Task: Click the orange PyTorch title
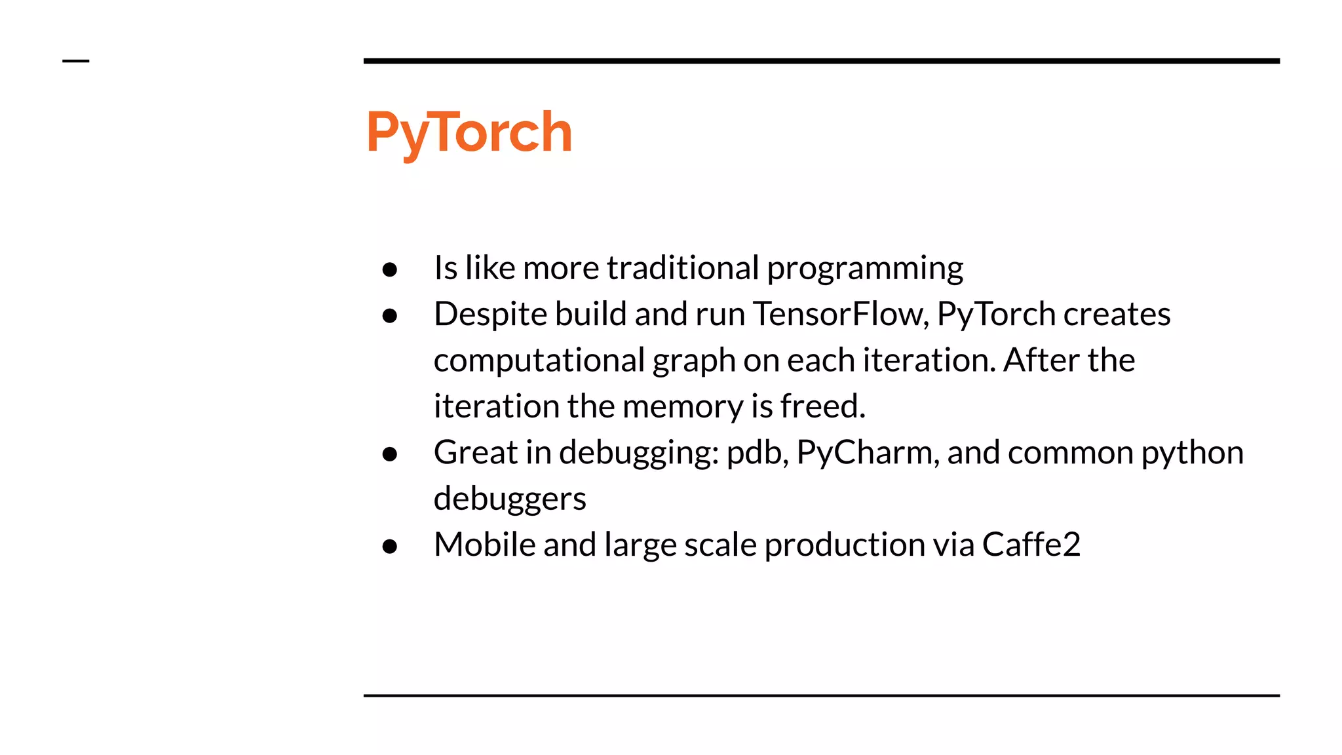point(469,132)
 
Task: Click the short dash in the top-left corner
point(75,61)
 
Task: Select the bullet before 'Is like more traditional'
point(390,269)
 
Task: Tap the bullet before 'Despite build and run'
point(390,316)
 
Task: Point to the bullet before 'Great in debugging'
point(390,454)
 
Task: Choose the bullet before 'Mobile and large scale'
point(390,546)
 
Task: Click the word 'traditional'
point(683,268)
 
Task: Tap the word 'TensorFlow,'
point(841,314)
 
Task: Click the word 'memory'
point(682,407)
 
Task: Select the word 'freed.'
point(822,406)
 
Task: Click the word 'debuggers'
point(510,499)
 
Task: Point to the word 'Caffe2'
point(1031,545)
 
